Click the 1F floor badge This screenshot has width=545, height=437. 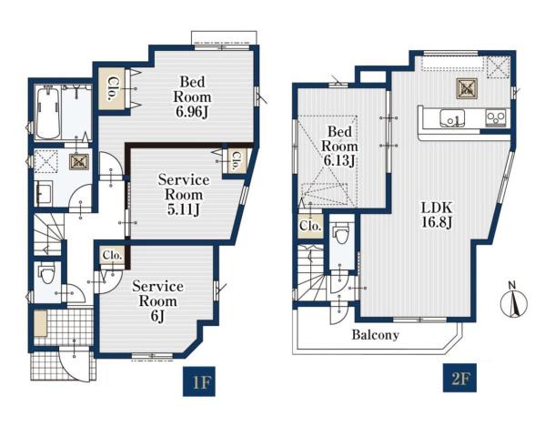[199, 381]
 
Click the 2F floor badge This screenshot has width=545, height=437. [459, 378]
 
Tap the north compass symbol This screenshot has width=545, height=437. [514, 301]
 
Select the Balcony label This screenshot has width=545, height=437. [376, 335]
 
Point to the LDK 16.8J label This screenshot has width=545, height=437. [437, 215]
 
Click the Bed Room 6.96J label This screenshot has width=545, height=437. [192, 97]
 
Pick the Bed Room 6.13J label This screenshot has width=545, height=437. [339, 147]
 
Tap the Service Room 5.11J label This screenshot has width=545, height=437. [184, 195]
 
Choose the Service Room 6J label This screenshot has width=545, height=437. [157, 301]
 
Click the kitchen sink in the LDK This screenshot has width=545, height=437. [452, 118]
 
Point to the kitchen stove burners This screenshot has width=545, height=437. [496, 117]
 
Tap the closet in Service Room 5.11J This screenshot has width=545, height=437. [236, 161]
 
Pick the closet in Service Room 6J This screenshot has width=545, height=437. [112, 256]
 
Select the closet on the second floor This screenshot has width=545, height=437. [310, 226]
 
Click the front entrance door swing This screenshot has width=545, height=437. [76, 363]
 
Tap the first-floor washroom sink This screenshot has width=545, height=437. [43, 193]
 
